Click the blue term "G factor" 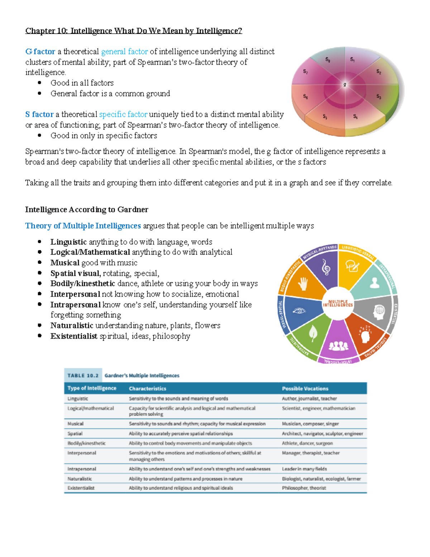click(x=40, y=52)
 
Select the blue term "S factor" click(x=39, y=114)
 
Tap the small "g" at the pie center click(x=345, y=85)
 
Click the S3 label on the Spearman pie click(x=379, y=96)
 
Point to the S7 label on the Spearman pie click(x=305, y=72)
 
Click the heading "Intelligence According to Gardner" click(x=86, y=209)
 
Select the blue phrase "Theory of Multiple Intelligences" click(x=83, y=226)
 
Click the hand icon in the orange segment click(x=303, y=284)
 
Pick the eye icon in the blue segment click(x=299, y=311)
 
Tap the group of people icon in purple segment click(x=338, y=345)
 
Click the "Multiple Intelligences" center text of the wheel click(x=338, y=303)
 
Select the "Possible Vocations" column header click(x=305, y=388)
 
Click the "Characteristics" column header click(x=147, y=388)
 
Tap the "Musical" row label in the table click(x=75, y=424)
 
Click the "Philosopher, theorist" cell click(x=304, y=488)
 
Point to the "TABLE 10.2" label click(x=83, y=376)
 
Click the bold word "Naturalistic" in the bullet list click(x=72, y=326)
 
